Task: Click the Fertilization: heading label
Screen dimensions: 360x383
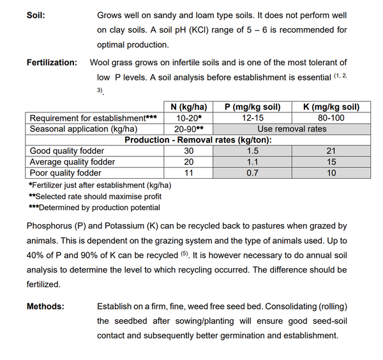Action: point(52,63)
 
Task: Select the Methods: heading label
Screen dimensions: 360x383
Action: point(45,306)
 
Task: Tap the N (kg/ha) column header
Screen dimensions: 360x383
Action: point(188,107)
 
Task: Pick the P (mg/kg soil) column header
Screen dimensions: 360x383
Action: point(252,107)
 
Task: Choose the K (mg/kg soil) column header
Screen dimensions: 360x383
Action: point(331,107)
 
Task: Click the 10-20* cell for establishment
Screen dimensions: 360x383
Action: point(188,118)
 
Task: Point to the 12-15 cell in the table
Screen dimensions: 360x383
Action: point(252,118)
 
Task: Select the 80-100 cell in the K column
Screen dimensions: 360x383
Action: point(331,118)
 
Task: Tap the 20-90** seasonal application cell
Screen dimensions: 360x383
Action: point(188,129)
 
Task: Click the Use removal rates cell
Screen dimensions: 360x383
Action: point(291,129)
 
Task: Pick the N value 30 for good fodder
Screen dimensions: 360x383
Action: point(188,151)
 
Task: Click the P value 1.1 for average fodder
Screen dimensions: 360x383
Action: point(252,161)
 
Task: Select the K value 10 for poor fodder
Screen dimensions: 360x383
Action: point(331,173)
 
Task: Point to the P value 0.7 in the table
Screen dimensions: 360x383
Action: point(252,173)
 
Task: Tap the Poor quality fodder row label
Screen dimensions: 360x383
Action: point(66,173)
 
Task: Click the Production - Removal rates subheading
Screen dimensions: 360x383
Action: point(198,140)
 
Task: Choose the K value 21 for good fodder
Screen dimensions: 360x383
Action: point(331,151)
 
